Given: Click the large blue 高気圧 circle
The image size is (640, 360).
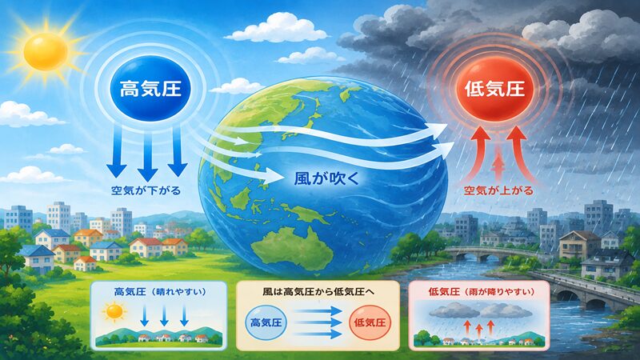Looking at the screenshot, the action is coord(150,90).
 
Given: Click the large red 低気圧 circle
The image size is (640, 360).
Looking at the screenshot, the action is coord(494,89).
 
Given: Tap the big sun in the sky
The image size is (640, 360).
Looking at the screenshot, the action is coord(46,52).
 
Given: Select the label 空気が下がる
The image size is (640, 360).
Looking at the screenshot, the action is coord(146,190).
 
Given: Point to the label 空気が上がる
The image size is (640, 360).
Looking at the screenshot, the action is coord(498,190).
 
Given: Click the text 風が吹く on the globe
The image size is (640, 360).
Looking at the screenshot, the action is coord(326,178).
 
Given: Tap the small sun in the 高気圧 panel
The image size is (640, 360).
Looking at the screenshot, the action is coord(114,312).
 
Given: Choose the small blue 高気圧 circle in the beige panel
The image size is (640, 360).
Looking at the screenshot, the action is coord(266,322).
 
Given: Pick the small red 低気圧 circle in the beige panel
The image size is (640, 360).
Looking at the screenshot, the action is coord(370,322).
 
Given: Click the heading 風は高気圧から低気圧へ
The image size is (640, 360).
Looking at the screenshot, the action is coord(318,292).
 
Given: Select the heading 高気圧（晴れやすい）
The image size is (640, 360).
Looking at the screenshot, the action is coord(160,292).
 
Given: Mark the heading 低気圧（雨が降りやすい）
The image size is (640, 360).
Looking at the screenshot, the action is coord(482,292).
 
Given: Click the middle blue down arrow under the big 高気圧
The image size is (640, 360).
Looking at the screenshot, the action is coord(148,154).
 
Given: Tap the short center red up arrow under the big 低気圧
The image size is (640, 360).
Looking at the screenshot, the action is coord(498,167).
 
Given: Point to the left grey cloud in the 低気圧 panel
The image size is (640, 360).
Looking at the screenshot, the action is coord(454,311).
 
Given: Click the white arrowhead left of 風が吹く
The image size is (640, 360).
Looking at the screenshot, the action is coord(274,177).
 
